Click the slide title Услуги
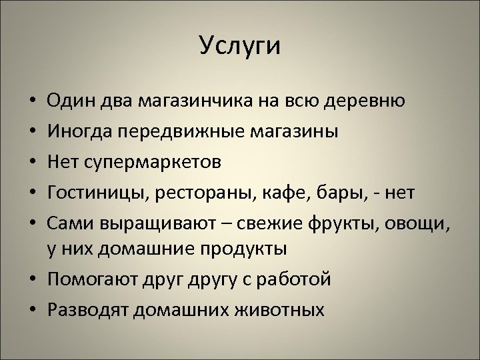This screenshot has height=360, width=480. click(x=240, y=47)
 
